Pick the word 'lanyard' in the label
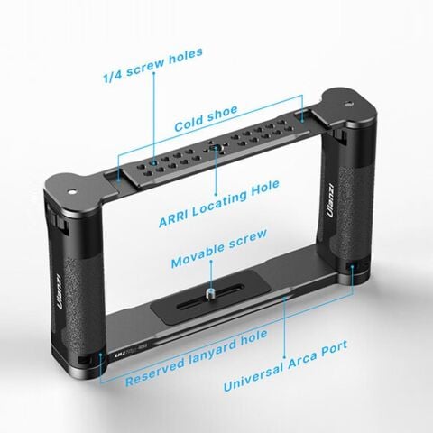click(198, 348)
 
